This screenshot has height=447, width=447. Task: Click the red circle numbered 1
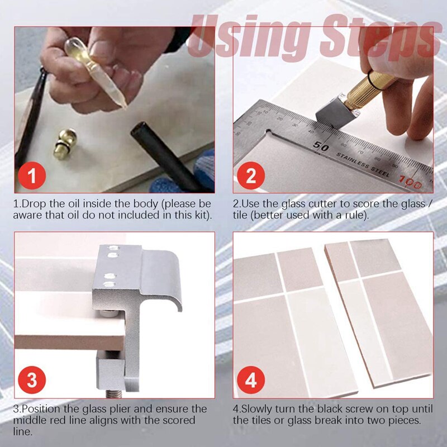32,177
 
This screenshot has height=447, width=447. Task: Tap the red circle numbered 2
251,177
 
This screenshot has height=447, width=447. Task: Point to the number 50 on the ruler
321,147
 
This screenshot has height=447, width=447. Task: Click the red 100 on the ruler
412,180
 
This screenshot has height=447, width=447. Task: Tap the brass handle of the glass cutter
369,89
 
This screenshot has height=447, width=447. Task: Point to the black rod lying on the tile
162,156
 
